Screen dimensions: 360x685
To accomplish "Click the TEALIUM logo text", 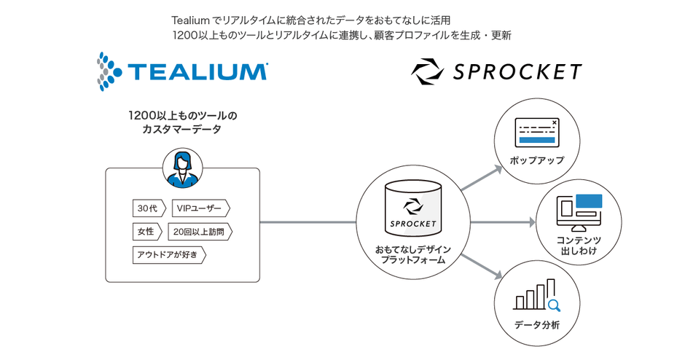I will point(197,71).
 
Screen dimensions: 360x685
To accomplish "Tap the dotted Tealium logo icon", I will point(109,71).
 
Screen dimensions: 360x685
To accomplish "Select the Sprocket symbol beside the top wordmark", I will point(426,71).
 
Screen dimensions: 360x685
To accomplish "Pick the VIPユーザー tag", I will point(200,208).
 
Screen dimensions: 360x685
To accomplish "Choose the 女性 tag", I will point(146,232).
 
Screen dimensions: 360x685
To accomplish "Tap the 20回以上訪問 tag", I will point(200,232).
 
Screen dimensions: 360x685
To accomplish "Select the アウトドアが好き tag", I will point(168,255).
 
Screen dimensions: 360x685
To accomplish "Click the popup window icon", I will point(536,131).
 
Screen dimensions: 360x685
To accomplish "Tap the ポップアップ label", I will point(537,160).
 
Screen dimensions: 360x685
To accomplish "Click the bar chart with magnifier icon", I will point(536,296).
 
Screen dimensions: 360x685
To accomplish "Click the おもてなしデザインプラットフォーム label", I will point(413,255).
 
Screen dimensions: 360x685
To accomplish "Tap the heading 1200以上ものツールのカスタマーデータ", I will point(182,122).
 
